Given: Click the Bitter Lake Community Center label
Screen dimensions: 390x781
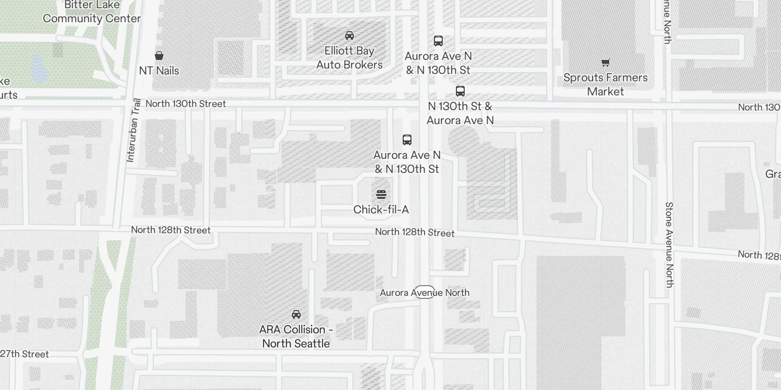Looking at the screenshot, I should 92,12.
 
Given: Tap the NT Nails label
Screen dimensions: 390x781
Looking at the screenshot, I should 159,71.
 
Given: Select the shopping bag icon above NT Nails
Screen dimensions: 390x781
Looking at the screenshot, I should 159,55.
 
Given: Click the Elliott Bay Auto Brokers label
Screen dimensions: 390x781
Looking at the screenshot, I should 349,58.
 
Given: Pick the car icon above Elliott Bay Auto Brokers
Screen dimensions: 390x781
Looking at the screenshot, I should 349,36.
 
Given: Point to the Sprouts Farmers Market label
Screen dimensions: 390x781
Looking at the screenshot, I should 605,84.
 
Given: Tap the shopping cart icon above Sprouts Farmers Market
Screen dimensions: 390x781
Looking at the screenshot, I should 605,62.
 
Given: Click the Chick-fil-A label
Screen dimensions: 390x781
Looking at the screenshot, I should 381,210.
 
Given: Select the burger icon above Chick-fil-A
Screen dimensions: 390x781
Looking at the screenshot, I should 381,195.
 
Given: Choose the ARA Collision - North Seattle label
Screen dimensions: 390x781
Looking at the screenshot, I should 296,336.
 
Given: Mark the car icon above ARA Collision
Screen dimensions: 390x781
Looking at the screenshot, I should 296,314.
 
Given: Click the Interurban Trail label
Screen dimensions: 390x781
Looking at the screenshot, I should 133,130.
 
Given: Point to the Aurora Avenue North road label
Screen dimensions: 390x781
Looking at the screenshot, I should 425,292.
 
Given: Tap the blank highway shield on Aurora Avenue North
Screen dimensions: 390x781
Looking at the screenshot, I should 425,292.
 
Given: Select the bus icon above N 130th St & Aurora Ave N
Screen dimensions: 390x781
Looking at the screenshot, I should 460,91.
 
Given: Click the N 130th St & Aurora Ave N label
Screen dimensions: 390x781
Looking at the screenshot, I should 460,113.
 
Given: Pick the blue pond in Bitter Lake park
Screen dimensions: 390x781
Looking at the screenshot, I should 38,69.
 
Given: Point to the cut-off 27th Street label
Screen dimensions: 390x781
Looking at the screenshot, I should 24,354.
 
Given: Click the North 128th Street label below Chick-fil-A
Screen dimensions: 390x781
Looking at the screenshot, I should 414,233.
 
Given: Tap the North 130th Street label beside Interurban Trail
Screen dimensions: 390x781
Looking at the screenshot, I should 185,104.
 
